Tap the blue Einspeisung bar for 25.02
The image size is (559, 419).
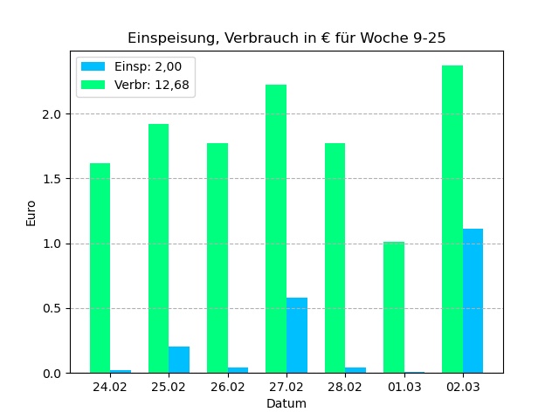[179, 360]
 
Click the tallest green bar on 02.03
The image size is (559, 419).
[452, 219]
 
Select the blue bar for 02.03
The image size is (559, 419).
[473, 301]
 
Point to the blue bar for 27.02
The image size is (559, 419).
[297, 335]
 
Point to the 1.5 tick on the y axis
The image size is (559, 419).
[59, 179]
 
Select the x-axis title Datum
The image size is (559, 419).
[286, 403]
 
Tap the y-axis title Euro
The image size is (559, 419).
[31, 213]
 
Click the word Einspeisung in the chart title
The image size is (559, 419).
[171, 38]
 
